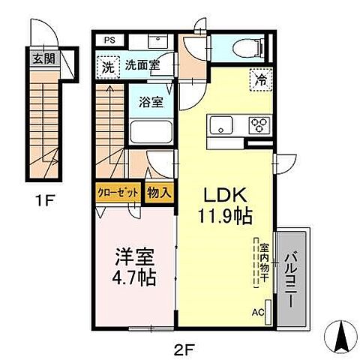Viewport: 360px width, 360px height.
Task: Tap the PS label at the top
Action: (109, 40)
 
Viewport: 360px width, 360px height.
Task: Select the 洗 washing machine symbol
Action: (109, 67)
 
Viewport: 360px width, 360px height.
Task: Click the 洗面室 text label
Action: (142, 66)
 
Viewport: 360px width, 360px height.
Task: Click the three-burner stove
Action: (259, 124)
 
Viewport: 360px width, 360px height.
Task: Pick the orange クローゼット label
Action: (119, 192)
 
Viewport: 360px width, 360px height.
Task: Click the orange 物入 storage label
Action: (158, 192)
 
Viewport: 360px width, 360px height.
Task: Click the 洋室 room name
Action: (134, 256)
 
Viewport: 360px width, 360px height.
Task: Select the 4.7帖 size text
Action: (134, 280)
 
